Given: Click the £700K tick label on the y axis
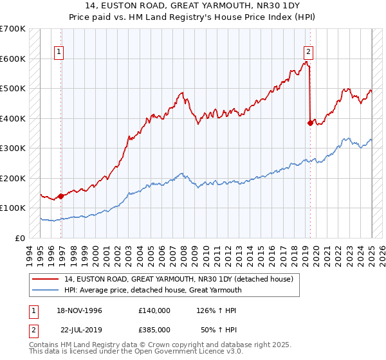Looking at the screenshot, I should pyautogui.click(x=13, y=29).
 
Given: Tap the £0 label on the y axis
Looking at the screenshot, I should pyautogui.click(x=21, y=238).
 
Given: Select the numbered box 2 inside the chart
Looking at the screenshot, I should pyautogui.click(x=308, y=52).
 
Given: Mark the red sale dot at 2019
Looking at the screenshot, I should pyautogui.click(x=311, y=123).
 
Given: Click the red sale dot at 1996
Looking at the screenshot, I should pyautogui.click(x=60, y=196).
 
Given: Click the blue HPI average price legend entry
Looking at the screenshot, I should pyautogui.click(x=152, y=290).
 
